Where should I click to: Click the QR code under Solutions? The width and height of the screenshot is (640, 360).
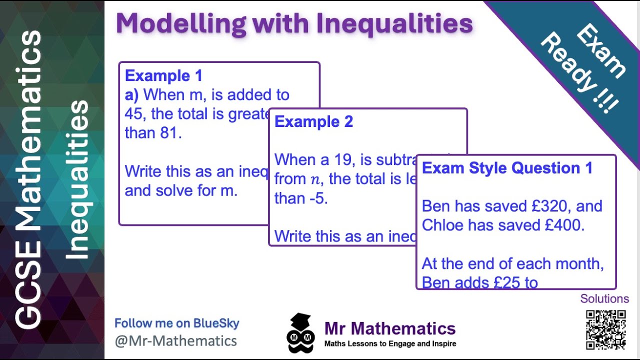605,329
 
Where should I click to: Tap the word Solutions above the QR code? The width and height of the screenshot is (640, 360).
604,299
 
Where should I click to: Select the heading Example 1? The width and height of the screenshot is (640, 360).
163,76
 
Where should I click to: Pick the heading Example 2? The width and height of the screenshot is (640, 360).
313,122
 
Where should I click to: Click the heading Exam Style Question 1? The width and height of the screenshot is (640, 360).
507,168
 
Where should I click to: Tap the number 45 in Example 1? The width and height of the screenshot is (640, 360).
134,114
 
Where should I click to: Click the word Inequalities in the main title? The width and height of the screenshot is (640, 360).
388,23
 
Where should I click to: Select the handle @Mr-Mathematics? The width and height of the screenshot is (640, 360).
175,341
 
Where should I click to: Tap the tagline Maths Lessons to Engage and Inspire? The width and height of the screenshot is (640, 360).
390,344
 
